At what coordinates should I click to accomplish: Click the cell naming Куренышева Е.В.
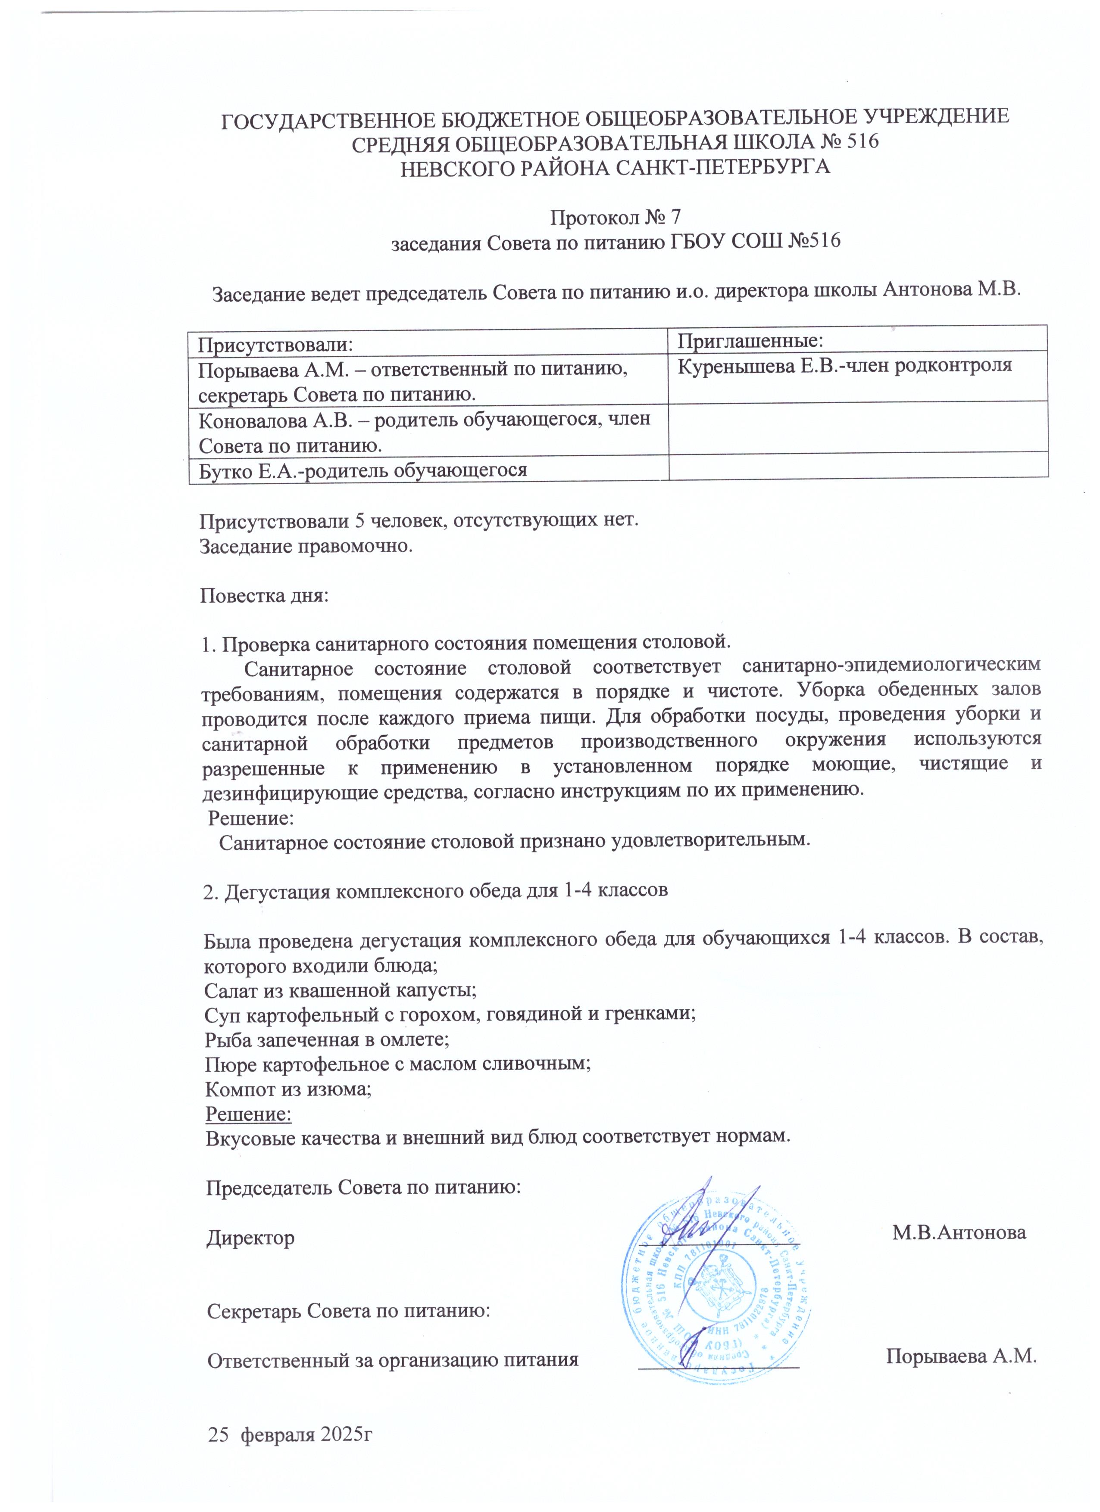(844, 365)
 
